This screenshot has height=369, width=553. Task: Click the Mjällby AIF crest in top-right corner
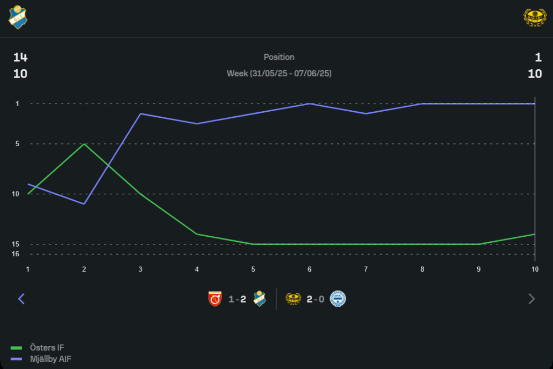(534, 17)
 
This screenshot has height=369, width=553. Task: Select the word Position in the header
(279, 57)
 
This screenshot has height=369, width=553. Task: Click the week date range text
(279, 73)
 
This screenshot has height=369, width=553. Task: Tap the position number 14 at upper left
(20, 57)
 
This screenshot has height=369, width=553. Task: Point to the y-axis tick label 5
(17, 144)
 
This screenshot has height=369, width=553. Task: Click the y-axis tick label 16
(15, 254)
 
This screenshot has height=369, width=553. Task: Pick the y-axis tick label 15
(15, 244)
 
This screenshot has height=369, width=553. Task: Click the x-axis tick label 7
(366, 269)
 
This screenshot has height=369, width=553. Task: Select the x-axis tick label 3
(140, 269)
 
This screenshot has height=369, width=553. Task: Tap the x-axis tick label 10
(535, 269)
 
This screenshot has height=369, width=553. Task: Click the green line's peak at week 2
(84, 144)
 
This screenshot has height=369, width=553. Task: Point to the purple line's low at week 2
(84, 204)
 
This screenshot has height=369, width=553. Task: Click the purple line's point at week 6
(310, 103)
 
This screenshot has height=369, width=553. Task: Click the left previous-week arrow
(22, 299)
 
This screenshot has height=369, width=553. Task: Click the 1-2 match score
(237, 299)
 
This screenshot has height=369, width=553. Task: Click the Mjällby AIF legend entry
(50, 359)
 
